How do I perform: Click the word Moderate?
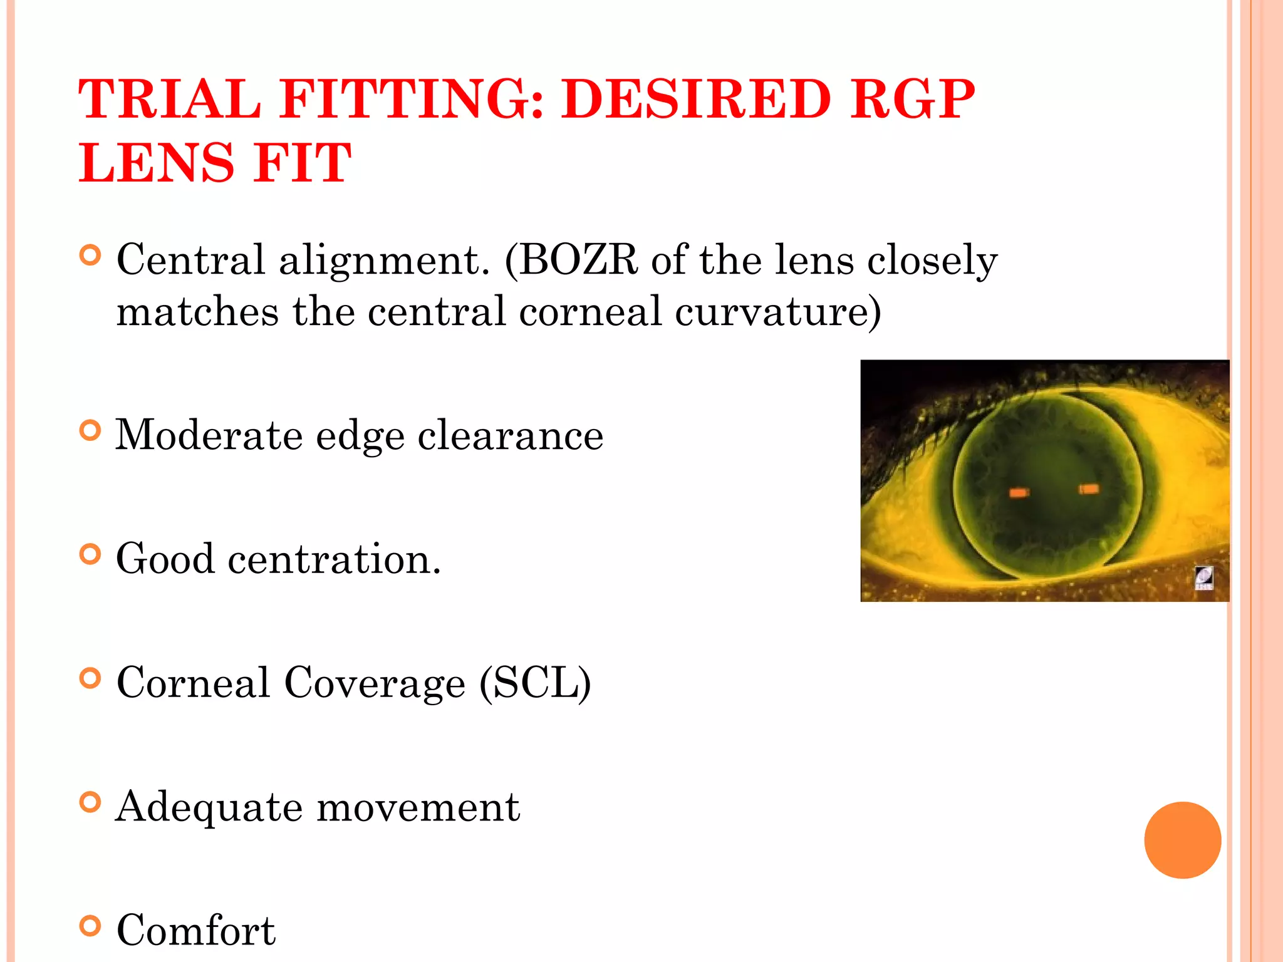[209, 435]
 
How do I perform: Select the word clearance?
[511, 435]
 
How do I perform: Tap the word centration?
[335, 559]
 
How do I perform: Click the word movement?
[418, 807]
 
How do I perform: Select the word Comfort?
[196, 930]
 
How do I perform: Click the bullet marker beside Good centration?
[91, 554]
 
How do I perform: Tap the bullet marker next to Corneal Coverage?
[91, 678]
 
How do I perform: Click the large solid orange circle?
[1182, 840]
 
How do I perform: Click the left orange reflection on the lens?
[1019, 493]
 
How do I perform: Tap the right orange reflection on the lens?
[1089, 489]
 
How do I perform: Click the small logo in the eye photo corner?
[1203, 577]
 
